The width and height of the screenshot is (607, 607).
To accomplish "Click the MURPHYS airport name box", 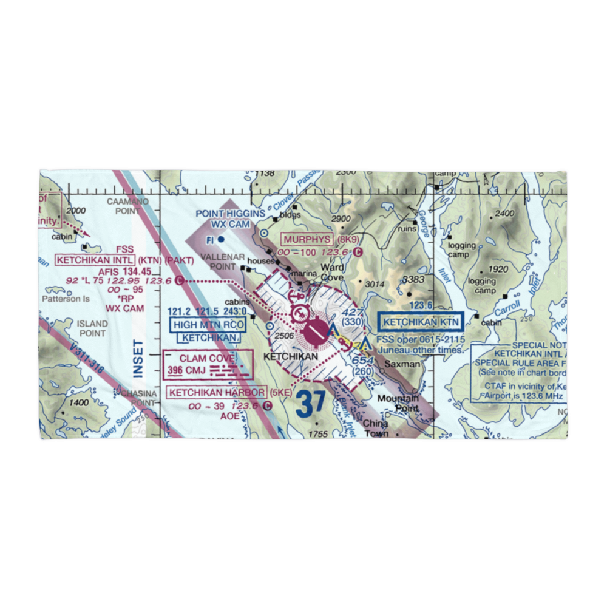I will click(x=307, y=239).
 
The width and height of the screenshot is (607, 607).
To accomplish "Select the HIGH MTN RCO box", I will click(x=208, y=325).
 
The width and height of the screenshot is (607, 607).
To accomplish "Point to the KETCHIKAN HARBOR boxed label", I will click(x=217, y=393).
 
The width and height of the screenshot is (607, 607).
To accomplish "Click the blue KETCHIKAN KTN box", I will click(x=420, y=322).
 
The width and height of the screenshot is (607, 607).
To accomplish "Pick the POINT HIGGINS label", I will click(x=231, y=214).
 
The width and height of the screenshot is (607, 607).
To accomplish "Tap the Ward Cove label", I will click(x=332, y=272).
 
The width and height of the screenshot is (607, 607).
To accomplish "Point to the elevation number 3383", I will click(x=413, y=280).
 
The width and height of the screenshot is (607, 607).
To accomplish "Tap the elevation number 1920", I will click(x=497, y=270).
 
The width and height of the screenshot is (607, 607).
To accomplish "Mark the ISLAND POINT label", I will click(x=92, y=328).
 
